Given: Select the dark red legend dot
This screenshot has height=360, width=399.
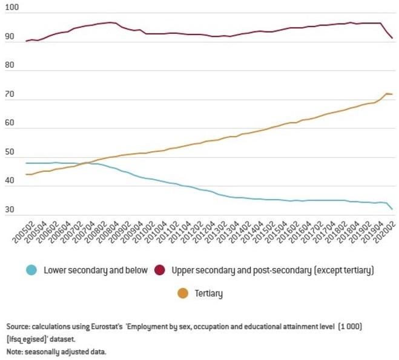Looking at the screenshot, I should (x=161, y=270).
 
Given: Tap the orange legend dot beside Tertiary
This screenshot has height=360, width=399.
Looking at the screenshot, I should (x=182, y=293).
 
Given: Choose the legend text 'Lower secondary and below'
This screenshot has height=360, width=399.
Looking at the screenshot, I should (x=95, y=270).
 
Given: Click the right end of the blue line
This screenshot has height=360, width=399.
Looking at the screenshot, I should (x=392, y=210).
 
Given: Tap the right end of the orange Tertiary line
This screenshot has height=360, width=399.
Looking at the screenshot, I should (x=392, y=94).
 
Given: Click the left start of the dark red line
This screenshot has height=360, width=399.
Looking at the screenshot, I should (x=26, y=41).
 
